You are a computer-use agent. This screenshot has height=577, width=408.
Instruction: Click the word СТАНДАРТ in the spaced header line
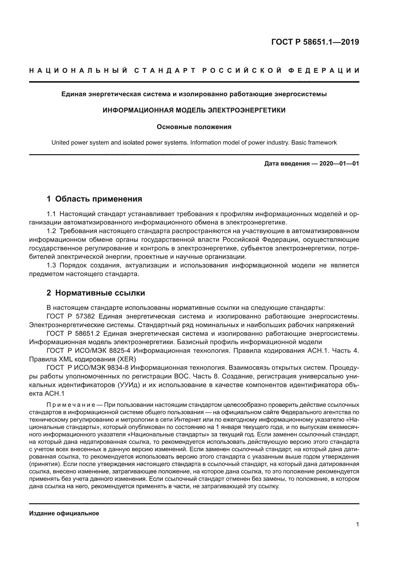click(x=165, y=71)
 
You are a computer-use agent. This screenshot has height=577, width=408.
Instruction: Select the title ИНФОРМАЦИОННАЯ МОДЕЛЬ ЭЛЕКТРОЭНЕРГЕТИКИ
click(x=194, y=110)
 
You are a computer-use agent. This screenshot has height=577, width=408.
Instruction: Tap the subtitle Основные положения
click(x=194, y=127)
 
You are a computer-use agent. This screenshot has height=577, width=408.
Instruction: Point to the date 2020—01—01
click(x=339, y=164)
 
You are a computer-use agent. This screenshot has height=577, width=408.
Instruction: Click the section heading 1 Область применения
click(x=94, y=199)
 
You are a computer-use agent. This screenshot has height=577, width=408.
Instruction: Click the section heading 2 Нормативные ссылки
click(x=96, y=293)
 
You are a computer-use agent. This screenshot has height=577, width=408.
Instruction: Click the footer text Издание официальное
click(x=64, y=513)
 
